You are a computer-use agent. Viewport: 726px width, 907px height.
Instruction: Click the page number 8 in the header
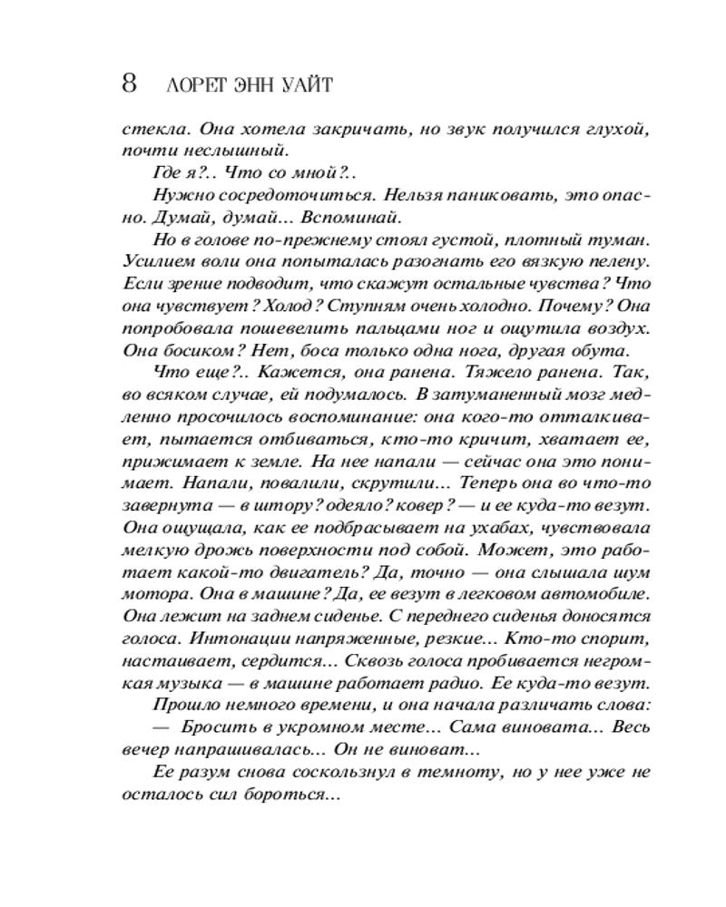pyautogui.click(x=129, y=83)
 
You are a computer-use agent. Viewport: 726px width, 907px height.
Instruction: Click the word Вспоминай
pyautogui.click(x=355, y=218)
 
